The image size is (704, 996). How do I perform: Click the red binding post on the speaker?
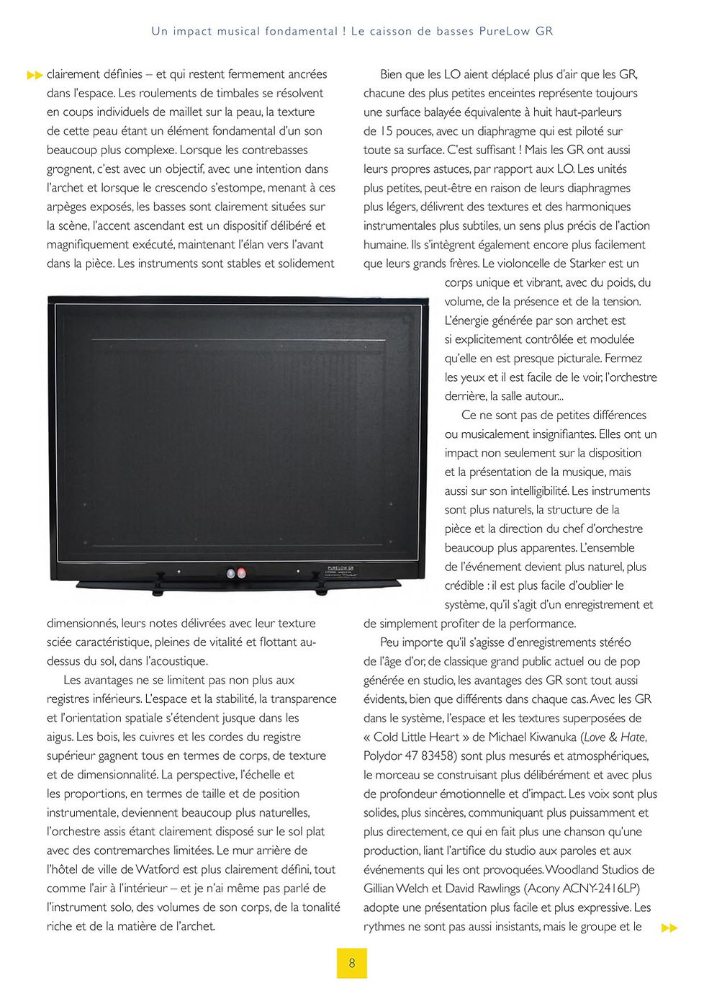pyautogui.click(x=240, y=573)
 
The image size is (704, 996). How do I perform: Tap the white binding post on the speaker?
pyautogui.click(x=230, y=573)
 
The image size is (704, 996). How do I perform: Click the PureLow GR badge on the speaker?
pyautogui.click(x=340, y=570)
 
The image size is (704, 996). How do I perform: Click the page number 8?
pyautogui.click(x=352, y=963)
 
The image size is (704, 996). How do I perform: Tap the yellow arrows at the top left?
pyautogui.click(x=35, y=75)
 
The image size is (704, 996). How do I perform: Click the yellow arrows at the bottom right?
pyautogui.click(x=669, y=928)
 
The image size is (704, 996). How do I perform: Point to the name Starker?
pyautogui.click(x=587, y=264)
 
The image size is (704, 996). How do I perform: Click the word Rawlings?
pyautogui.click(x=495, y=889)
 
